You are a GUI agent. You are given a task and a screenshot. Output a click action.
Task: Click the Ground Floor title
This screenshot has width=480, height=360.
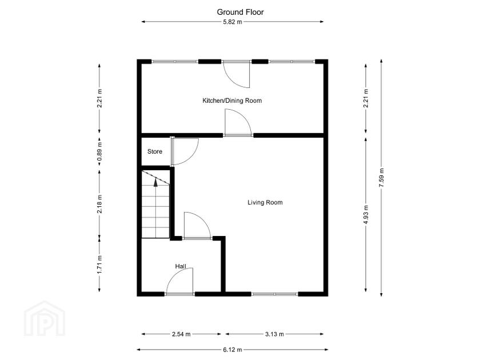pyautogui.click(x=240, y=11)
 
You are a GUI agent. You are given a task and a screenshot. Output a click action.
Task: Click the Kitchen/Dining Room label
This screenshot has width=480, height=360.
pyautogui.click(x=232, y=101)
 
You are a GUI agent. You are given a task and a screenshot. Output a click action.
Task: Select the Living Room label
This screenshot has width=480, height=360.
pyautogui.click(x=265, y=202)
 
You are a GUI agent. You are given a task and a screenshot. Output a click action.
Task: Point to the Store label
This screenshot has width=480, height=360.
pyautogui.click(x=155, y=151)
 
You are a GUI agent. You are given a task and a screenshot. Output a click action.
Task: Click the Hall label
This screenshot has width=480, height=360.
pyautogui.click(x=181, y=266)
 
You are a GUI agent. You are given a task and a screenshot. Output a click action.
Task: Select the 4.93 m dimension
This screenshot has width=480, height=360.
pyautogui.click(x=365, y=215)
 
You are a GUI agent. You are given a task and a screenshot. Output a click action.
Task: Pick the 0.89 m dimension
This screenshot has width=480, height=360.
pyautogui.click(x=99, y=154)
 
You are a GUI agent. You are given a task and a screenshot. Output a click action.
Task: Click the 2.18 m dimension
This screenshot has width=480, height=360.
pyautogui.click(x=99, y=204)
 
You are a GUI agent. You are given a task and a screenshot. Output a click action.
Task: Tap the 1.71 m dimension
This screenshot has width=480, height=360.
pyautogui.click(x=99, y=265)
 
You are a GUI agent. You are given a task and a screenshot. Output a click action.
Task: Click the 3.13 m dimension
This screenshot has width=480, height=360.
pyautogui.click(x=274, y=334)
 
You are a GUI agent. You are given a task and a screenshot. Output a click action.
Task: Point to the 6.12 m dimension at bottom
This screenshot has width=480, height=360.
pyautogui.click(x=232, y=349)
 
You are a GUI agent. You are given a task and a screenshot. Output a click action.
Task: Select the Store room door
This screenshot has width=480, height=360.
pyautogui.click(x=184, y=151)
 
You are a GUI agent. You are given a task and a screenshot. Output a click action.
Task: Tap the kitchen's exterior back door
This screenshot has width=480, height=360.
pyautogui.click(x=237, y=73)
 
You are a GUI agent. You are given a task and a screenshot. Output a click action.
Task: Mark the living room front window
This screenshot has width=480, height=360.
pyautogui.click(x=275, y=294)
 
